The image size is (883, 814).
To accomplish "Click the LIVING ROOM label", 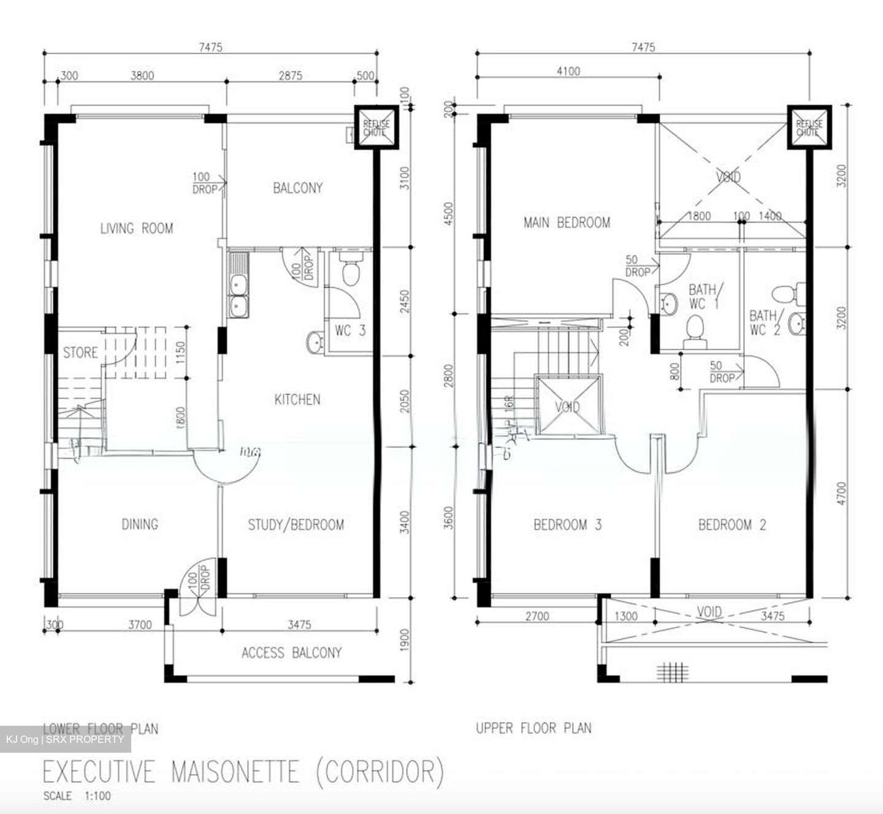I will click(x=137, y=229).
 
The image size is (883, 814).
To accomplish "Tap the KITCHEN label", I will click(x=297, y=400).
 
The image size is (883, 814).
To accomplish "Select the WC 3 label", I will click(x=350, y=331).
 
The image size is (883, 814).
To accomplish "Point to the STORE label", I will click(x=80, y=352).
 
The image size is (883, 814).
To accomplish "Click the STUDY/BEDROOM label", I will click(x=296, y=525).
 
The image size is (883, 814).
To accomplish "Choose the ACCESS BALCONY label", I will click(x=291, y=653).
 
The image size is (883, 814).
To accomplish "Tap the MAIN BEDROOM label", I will click(x=567, y=223).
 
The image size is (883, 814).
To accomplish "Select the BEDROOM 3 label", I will click(x=567, y=525).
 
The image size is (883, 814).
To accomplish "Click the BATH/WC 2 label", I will click(x=763, y=323).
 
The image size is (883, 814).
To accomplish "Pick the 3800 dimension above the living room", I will click(x=142, y=76).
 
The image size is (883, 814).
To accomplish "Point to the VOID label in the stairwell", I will click(x=567, y=407).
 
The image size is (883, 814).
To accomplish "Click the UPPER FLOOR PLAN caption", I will click(x=533, y=728).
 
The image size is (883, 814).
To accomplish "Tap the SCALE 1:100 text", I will click(x=77, y=796).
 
